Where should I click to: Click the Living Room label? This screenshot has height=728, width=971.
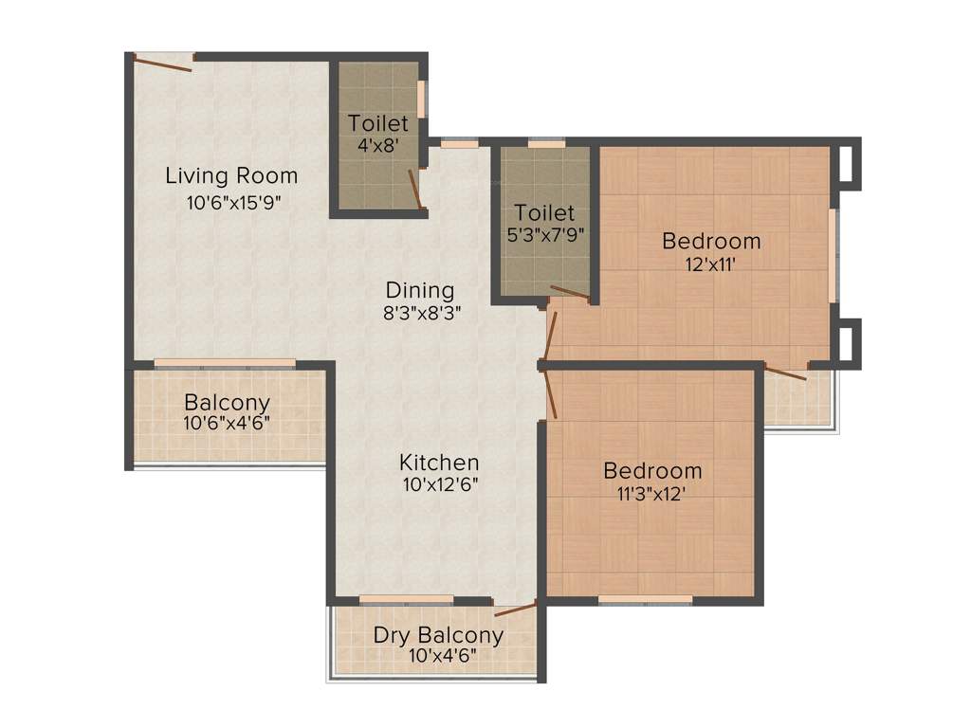coord(231,175)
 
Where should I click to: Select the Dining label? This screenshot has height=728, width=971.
coord(419,290)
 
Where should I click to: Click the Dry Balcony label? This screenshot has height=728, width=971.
coord(438,635)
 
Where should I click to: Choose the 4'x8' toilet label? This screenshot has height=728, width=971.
coord(377,147)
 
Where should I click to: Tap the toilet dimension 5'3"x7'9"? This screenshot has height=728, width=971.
coord(544,233)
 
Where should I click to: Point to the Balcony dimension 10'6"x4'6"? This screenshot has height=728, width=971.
coord(227,423)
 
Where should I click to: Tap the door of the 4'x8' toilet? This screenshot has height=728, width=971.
coord(415,188)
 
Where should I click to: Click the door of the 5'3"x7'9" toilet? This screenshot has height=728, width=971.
coord(570,293)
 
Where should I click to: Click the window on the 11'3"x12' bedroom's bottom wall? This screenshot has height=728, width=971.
coord(645,599)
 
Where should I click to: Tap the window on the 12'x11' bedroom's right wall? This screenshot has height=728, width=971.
coord(834,255)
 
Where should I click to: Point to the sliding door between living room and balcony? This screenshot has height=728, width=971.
coord(225,363)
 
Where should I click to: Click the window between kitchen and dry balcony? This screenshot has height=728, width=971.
coord(406,599)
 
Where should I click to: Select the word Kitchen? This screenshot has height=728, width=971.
coord(438,463)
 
